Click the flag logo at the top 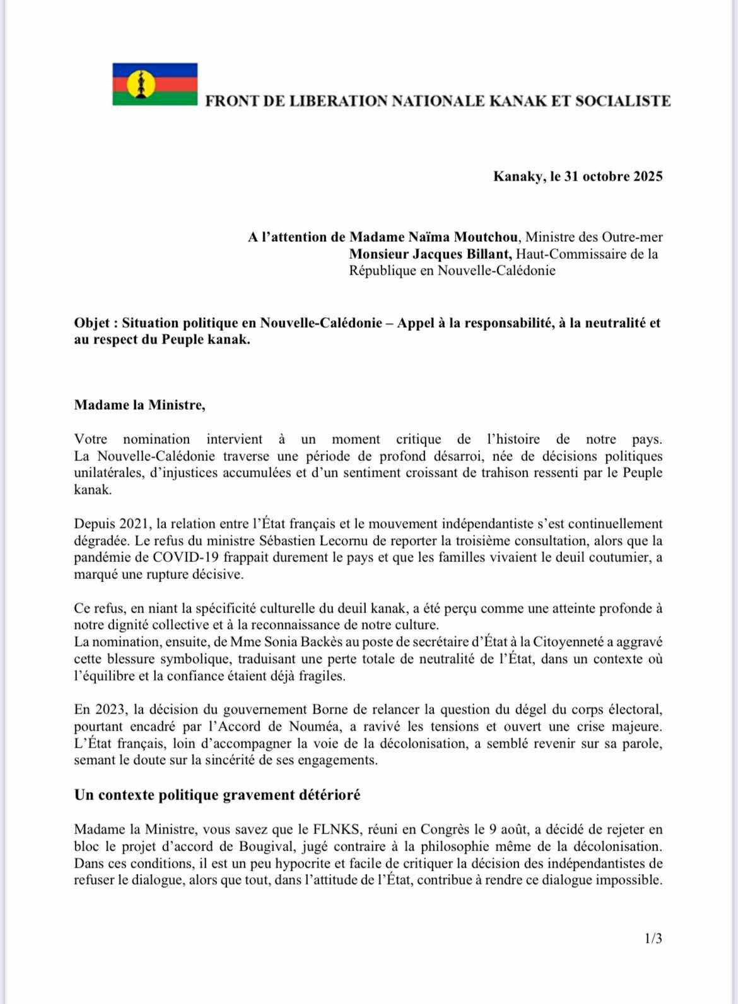click(155, 84)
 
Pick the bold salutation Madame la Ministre click(139, 405)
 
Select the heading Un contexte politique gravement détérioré click(217, 794)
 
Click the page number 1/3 click(653, 939)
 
